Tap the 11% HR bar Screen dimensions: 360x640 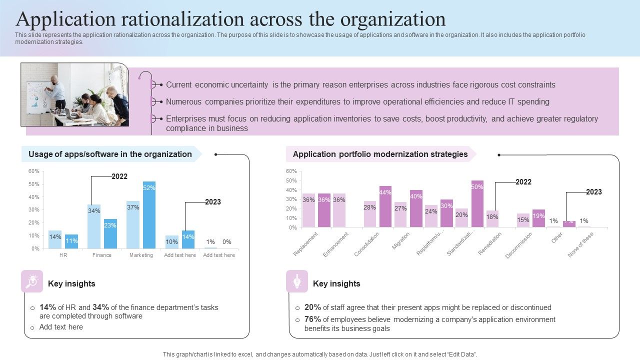point(71,241)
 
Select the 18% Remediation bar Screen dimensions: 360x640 point(492,219)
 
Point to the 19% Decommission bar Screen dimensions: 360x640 point(538,218)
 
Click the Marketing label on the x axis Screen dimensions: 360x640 point(141,255)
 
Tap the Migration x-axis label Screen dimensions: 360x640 point(401,241)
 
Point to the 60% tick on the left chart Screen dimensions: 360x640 point(33,171)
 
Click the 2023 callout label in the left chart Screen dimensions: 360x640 point(212,202)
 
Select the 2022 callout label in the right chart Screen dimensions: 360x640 point(523,182)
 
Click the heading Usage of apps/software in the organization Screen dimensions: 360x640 point(110,154)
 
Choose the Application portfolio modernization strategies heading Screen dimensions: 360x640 point(380,154)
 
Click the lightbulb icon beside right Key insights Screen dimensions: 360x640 point(297,281)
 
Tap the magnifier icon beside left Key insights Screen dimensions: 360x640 point(32,281)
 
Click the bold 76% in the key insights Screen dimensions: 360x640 point(312,319)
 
